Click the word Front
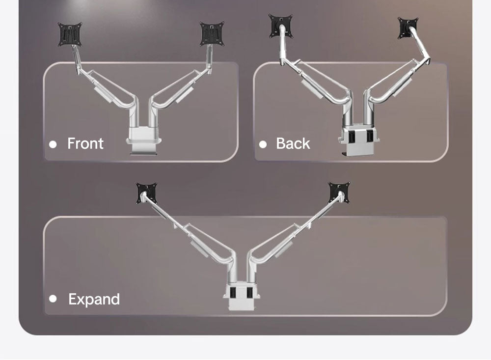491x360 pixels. (x=85, y=143)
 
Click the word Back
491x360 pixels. (x=293, y=143)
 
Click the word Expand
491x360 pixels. (x=94, y=299)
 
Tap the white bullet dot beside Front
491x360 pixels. (x=53, y=144)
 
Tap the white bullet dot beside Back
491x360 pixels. (x=263, y=144)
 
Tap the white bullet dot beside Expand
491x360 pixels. (x=53, y=299)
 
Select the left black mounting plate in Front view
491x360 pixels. (x=70, y=34)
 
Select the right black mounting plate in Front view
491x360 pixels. (x=212, y=33)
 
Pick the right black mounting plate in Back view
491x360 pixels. (x=408, y=28)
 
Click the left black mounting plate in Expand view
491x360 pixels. (x=146, y=193)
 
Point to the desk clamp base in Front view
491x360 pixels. (x=144, y=140)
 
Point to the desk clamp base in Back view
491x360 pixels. (x=359, y=141)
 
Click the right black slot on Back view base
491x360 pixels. (x=370, y=136)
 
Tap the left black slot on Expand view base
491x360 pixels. (x=233, y=293)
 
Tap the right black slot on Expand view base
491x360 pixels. (x=249, y=293)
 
